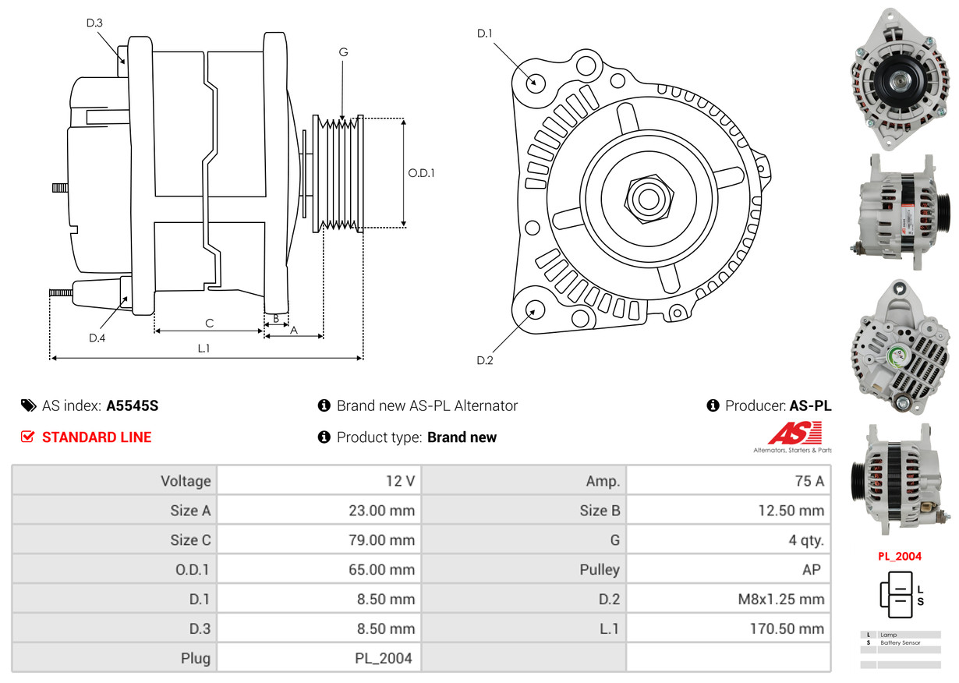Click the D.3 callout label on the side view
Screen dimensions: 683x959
pyautogui.click(x=94, y=23)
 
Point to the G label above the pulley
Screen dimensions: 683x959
pyautogui.click(x=343, y=52)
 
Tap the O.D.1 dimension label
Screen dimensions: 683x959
pyautogui.click(x=421, y=173)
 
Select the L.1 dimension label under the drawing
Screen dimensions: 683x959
pyautogui.click(x=203, y=349)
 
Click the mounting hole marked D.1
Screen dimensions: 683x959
pyautogui.click(x=535, y=81)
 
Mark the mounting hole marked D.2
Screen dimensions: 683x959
pyautogui.click(x=535, y=310)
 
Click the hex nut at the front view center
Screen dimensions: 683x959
pyautogui.click(x=646, y=198)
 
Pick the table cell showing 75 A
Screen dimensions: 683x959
pyautogui.click(x=728, y=481)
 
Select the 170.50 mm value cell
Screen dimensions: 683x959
pyautogui.click(x=728, y=628)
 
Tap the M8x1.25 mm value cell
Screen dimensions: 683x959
pyautogui.click(x=728, y=600)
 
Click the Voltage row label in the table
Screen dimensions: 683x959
pyautogui.click(x=115, y=481)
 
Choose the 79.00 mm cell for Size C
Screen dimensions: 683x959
pyautogui.click(x=319, y=540)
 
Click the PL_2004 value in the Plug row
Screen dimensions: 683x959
pyautogui.click(x=319, y=658)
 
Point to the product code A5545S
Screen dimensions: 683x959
pyautogui.click(x=133, y=405)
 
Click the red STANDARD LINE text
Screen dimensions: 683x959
pyautogui.click(x=97, y=437)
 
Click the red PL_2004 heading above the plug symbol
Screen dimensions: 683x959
pyautogui.click(x=900, y=557)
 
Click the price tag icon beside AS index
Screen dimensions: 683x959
pyautogui.click(x=28, y=405)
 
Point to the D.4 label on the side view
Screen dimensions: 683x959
pyautogui.click(x=97, y=338)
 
